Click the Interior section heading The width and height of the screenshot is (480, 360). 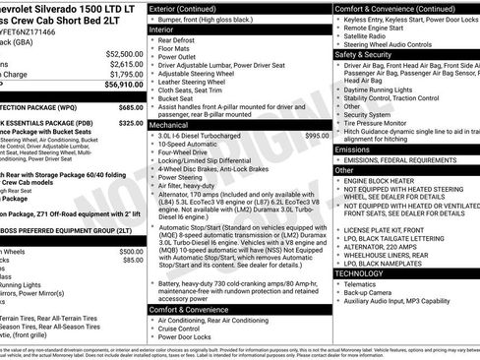point(161,30)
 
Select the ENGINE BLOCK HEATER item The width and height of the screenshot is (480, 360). point(386,181)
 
